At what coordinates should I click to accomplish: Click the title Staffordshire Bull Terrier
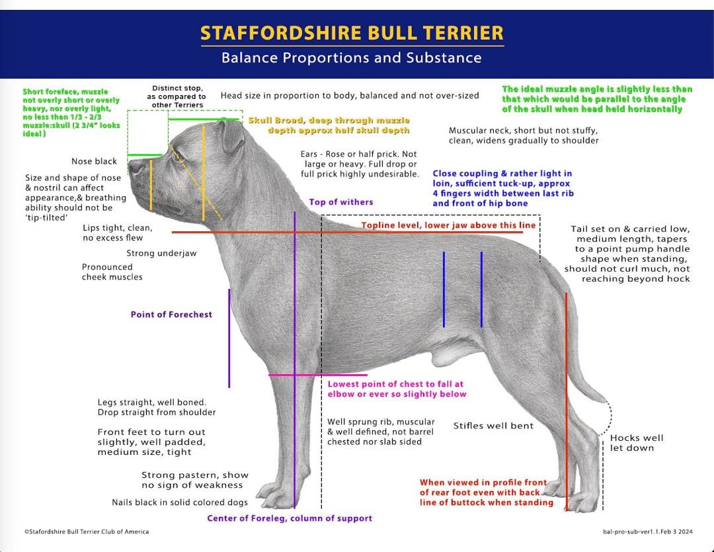[352, 33]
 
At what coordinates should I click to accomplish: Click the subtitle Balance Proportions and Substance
[352, 58]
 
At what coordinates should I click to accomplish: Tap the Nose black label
[95, 161]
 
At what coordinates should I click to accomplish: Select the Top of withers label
[341, 202]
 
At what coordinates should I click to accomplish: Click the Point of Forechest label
[171, 314]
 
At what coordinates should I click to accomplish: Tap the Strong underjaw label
[162, 253]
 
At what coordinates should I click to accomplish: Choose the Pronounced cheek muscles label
[112, 272]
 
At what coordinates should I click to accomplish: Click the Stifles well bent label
[493, 426]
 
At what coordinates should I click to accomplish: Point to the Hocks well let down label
[637, 443]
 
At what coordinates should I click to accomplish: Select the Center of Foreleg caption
[290, 518]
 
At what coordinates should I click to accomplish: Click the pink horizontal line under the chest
[318, 375]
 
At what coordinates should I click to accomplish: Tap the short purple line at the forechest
[229, 338]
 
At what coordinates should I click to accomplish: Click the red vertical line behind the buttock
[567, 401]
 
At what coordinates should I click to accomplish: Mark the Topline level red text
[448, 225]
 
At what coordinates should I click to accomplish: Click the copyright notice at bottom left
[87, 532]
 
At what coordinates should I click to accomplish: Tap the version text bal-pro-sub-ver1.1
[647, 532]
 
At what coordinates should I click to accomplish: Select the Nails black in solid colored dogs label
[180, 502]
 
